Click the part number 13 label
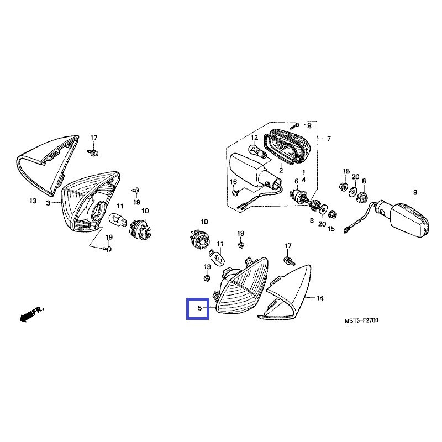coord(33,202)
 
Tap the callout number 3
coord(48,203)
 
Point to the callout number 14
coord(320,298)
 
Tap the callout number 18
coord(308,126)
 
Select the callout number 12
coord(255,138)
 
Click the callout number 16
coord(233,182)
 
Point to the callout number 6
coord(296,181)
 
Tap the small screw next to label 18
coord(296,127)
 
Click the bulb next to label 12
coord(258,151)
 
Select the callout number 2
coord(281,171)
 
